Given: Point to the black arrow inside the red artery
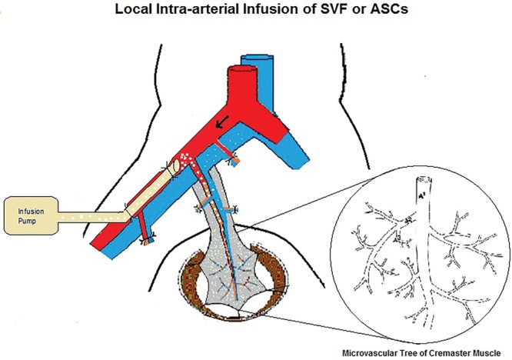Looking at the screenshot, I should click(221, 121).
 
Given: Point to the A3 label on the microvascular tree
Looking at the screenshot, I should click(398, 240).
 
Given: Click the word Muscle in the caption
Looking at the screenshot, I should click(492, 352).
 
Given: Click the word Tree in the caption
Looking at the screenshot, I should click(412, 352).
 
